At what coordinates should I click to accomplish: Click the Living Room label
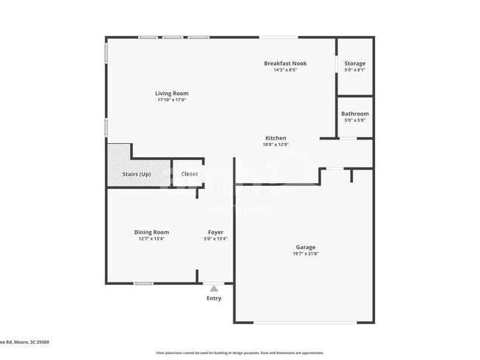point(172,93)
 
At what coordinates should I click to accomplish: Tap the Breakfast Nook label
point(285,63)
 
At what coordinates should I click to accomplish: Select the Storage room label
point(354,63)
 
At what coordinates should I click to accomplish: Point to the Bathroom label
point(354,114)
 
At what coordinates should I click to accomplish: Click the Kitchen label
point(275,138)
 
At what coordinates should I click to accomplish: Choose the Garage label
point(306,247)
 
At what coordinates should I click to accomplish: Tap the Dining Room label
point(151,232)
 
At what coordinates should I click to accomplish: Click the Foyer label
point(215,232)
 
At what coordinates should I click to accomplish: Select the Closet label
point(189,174)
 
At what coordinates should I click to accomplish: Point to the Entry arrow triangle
point(213,288)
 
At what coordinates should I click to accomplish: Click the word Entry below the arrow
point(213,298)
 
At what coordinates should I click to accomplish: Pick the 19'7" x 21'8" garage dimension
point(306,254)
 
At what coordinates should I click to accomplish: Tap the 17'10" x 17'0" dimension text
point(172,100)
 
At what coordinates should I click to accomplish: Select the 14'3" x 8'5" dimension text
point(285,70)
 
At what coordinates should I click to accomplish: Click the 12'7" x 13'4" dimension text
point(151,239)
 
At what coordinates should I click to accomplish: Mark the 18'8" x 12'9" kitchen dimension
point(275,145)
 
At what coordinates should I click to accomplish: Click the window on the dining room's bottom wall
point(143,283)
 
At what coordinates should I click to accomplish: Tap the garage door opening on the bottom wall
point(304,322)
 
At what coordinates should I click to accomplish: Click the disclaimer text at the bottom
point(239,353)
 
